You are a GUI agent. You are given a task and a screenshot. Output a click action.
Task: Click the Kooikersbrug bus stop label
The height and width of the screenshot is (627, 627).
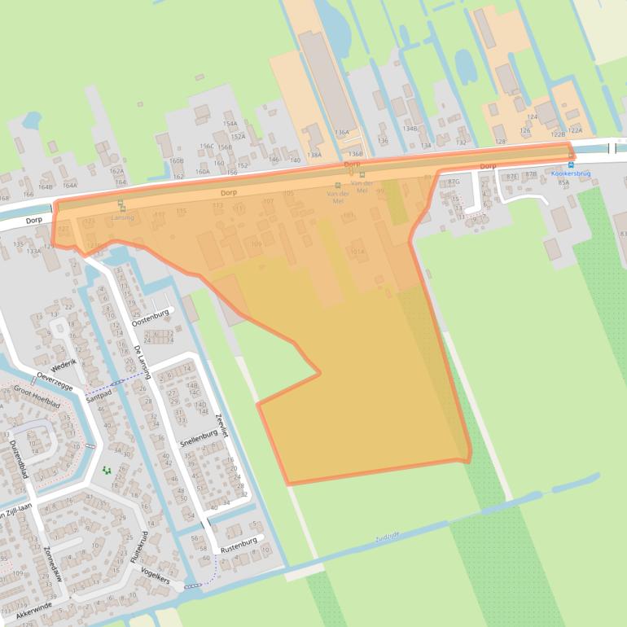coord(570,173)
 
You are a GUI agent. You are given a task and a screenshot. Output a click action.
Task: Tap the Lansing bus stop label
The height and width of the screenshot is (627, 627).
coord(122,217)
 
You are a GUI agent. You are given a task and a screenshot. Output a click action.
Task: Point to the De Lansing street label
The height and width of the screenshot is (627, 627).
coord(142,362)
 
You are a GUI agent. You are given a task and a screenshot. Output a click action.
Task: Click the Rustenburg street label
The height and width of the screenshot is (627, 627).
coord(238,540)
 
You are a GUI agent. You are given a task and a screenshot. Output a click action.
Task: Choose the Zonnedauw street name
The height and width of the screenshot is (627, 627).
coord(50,564)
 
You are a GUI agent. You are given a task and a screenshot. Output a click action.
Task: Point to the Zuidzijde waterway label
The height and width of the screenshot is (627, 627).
coord(388,537)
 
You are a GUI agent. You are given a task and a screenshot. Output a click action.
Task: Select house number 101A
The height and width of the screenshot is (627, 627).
coord(357,252)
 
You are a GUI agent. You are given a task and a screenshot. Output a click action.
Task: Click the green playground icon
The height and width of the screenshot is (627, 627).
coord(106,470)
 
